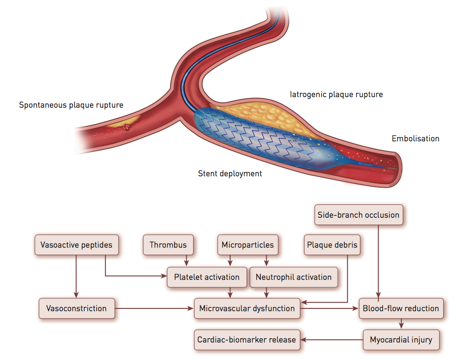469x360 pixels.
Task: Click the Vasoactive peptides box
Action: click(x=76, y=245)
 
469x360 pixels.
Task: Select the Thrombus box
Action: click(x=168, y=245)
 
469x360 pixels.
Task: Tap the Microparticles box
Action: click(x=247, y=245)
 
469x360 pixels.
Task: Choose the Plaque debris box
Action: click(x=332, y=245)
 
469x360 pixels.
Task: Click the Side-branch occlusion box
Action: click(x=358, y=215)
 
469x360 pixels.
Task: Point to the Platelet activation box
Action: click(x=207, y=277)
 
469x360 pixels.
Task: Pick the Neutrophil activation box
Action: click(x=293, y=277)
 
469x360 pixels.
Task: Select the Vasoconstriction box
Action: click(x=76, y=308)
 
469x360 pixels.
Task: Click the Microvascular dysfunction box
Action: click(x=247, y=308)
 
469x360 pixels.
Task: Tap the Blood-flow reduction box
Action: click(x=401, y=308)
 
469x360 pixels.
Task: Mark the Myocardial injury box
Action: click(x=401, y=340)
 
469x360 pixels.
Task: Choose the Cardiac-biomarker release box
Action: click(x=247, y=340)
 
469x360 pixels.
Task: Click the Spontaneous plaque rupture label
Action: click(x=71, y=105)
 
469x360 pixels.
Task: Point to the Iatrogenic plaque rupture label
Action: click(x=336, y=94)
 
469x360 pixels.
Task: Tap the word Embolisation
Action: click(x=416, y=139)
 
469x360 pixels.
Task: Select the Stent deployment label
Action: click(x=230, y=174)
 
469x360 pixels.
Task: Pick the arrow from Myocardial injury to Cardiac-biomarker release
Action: click(x=332, y=340)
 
